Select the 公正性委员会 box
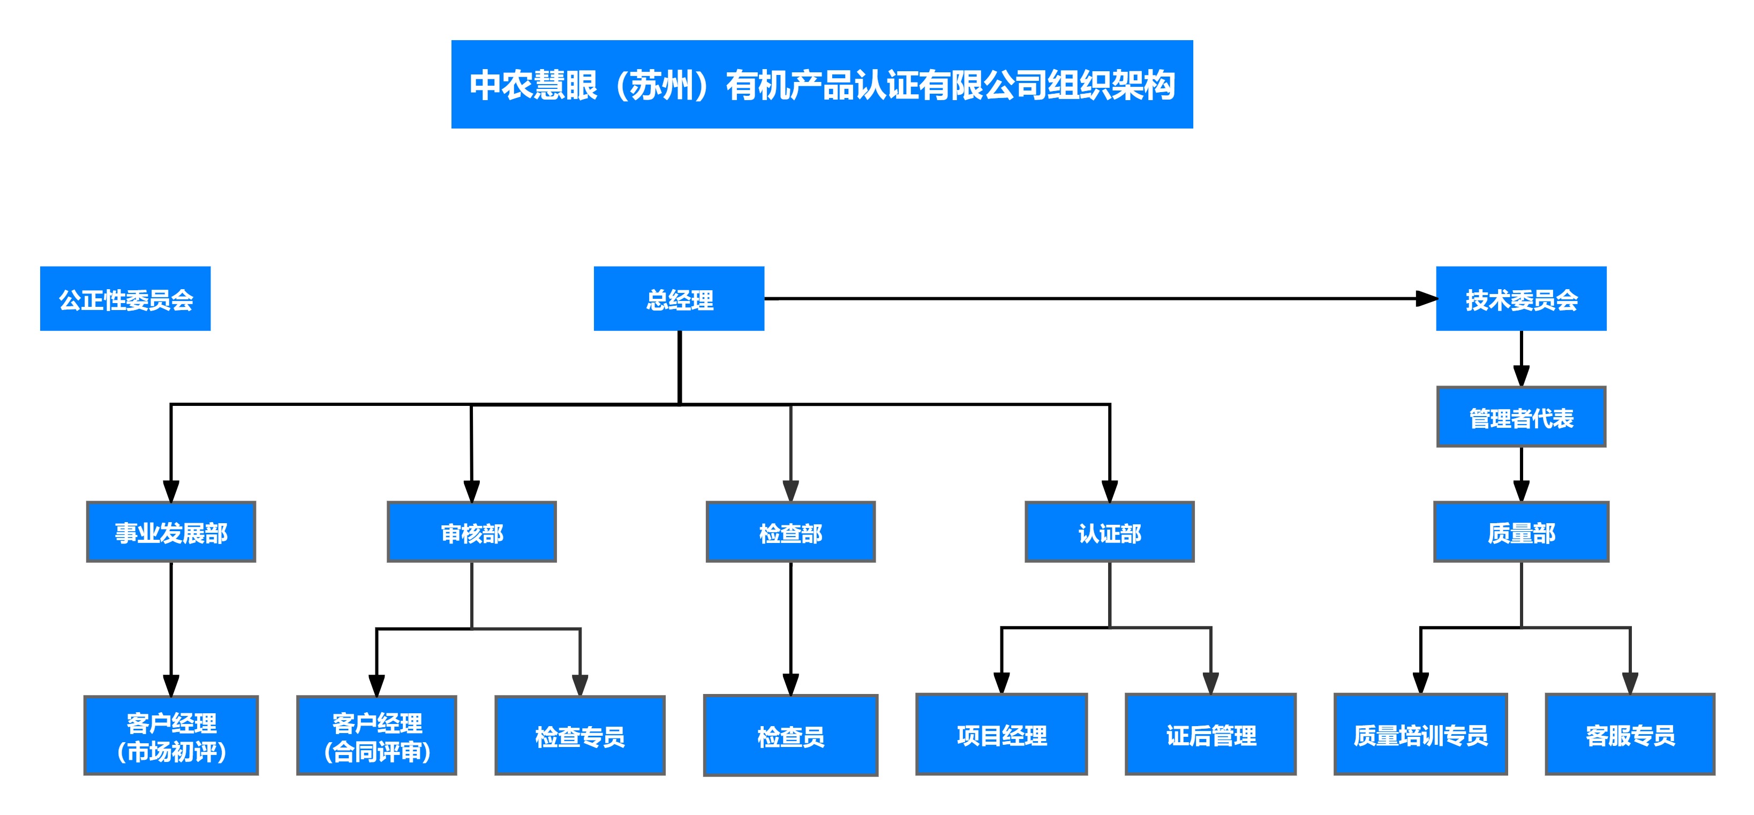(x=125, y=299)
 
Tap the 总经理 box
(x=679, y=299)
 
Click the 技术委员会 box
(x=1520, y=299)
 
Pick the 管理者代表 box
(x=1520, y=417)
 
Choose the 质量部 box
(x=1520, y=532)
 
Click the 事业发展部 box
(x=171, y=532)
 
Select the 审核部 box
(x=471, y=532)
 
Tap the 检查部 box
(x=791, y=532)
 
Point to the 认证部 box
(x=1109, y=532)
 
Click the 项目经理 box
(x=1001, y=734)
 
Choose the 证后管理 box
(x=1210, y=734)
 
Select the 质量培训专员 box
(x=1420, y=734)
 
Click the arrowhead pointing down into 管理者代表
(x=1521, y=376)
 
